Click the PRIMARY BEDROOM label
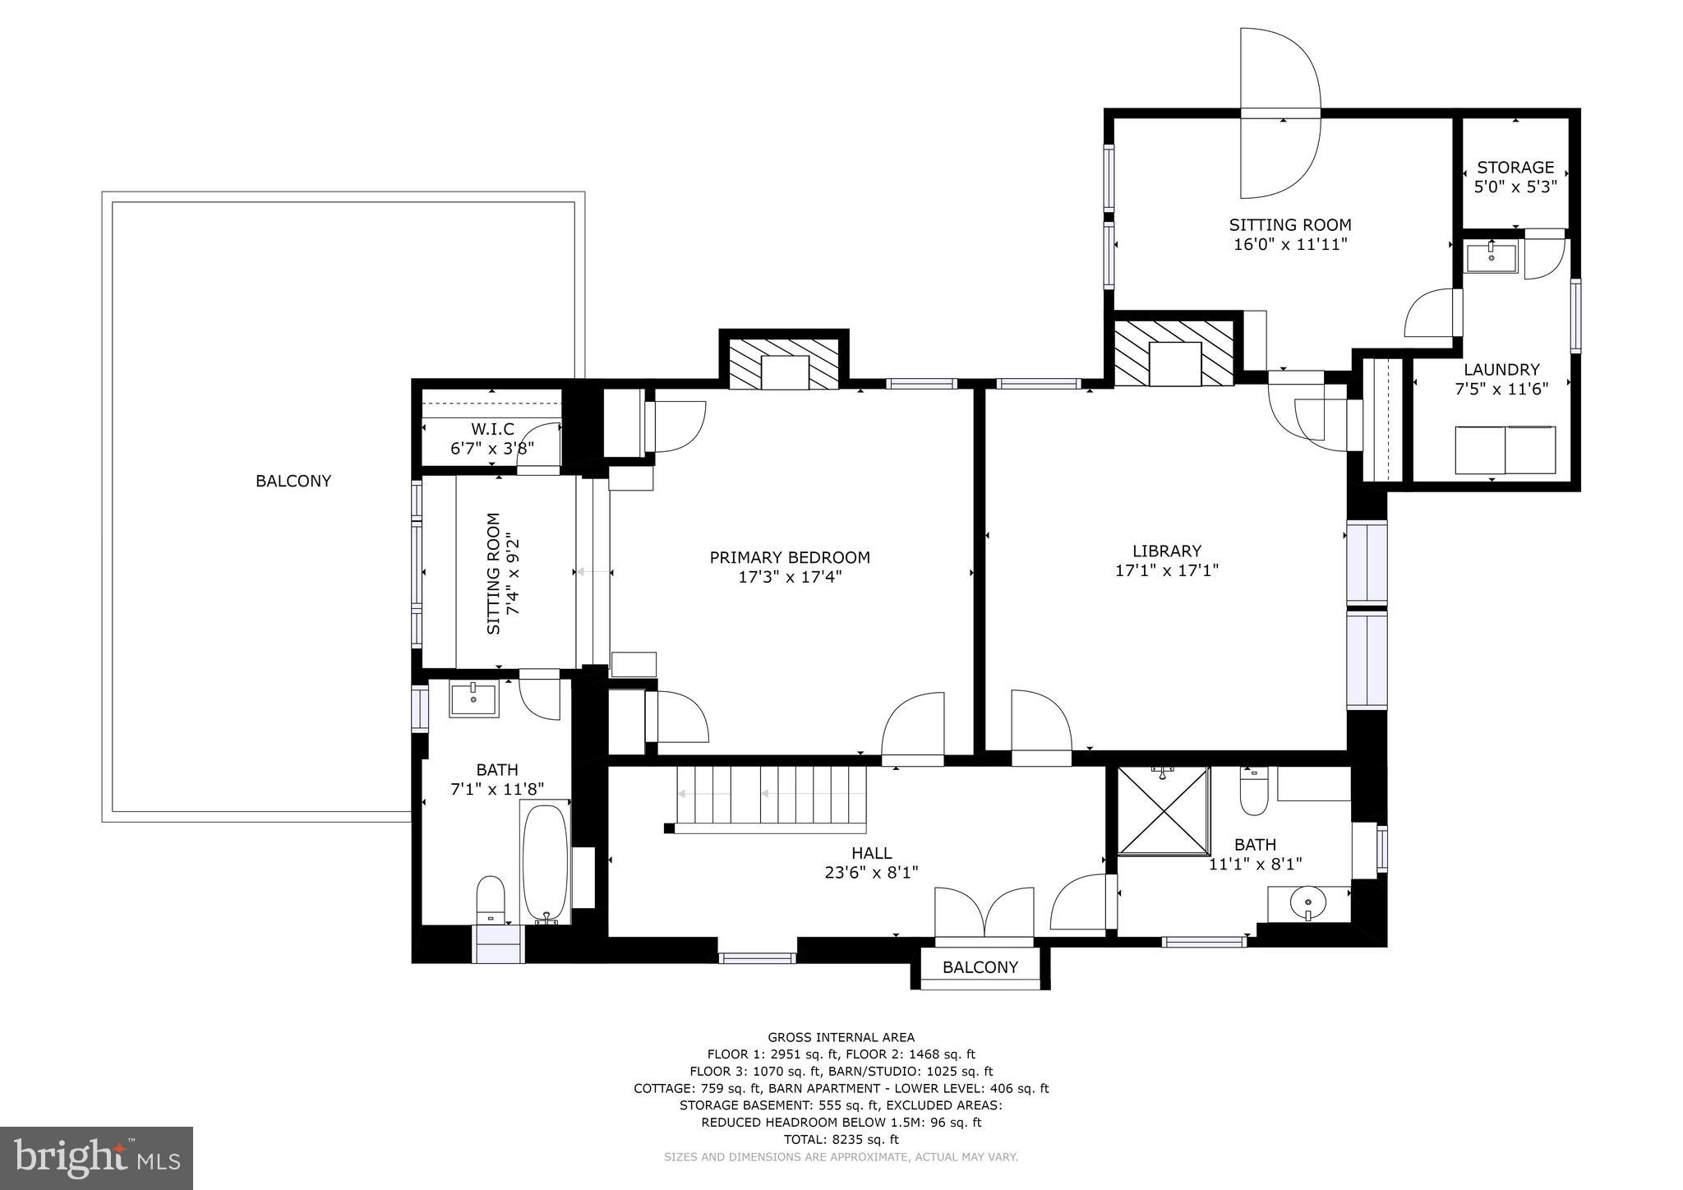click(789, 558)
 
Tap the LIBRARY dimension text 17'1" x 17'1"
click(1166, 570)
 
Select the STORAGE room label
click(1515, 168)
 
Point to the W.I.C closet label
click(492, 430)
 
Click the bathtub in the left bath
click(546, 863)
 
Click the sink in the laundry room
click(1491, 256)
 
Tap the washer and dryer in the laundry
click(1505, 450)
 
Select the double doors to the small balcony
click(984, 914)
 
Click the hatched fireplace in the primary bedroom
click(785, 363)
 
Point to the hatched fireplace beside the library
click(1174, 353)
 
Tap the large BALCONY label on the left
click(293, 482)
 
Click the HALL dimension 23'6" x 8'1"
click(870, 872)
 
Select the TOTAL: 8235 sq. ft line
click(841, 1139)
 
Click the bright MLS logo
click(96, 1159)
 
